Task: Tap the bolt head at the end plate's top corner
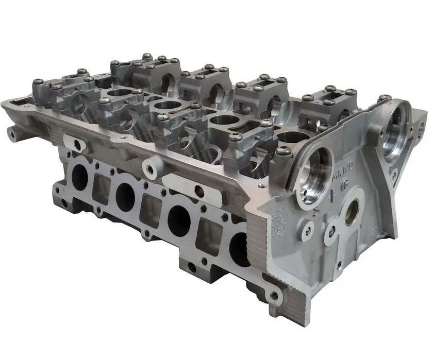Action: pos(384,98)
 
